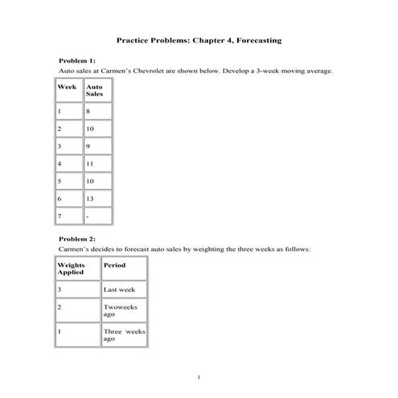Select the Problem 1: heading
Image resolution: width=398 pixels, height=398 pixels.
(77, 60)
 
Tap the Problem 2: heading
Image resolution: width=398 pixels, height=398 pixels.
(77, 239)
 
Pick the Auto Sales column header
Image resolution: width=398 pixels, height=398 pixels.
(94, 89)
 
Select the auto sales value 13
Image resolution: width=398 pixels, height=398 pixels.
(90, 197)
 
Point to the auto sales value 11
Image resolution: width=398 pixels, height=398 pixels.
(90, 162)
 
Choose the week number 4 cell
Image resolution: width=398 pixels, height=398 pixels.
(59, 162)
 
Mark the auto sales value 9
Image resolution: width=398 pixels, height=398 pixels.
(88, 146)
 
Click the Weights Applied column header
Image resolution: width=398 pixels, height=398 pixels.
(72, 268)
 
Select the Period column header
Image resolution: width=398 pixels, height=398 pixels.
(114, 264)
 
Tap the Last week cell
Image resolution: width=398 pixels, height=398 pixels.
(119, 289)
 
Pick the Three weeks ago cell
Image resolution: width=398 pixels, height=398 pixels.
(124, 334)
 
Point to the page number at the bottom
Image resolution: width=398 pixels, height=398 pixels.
(199, 376)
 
